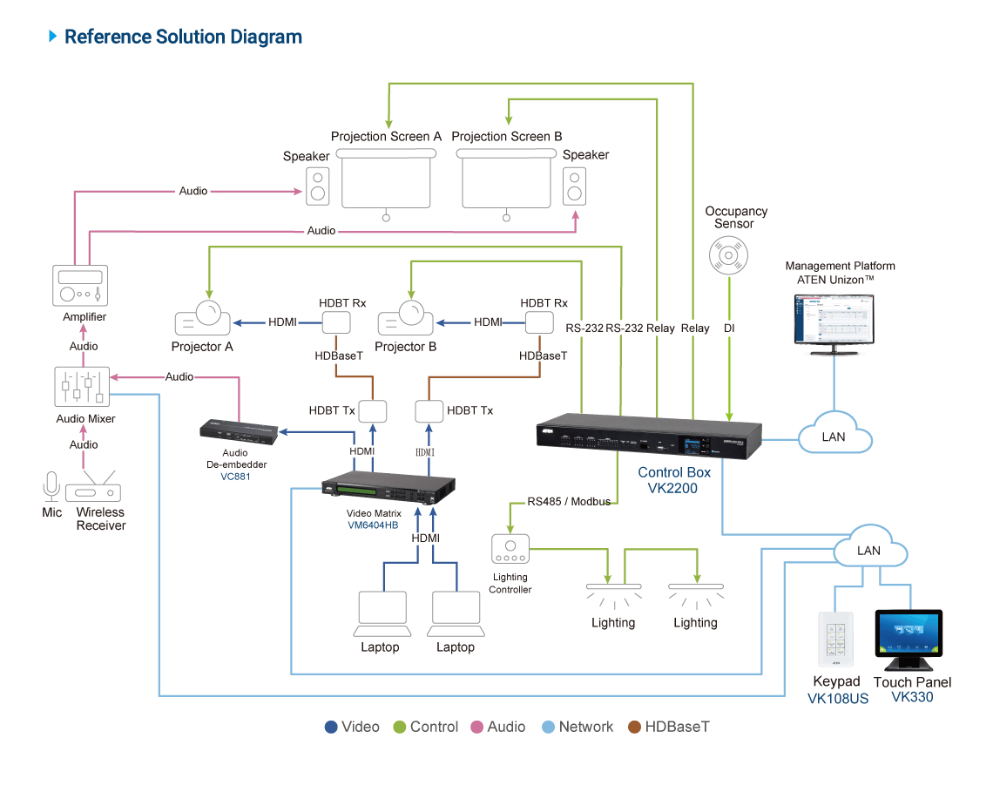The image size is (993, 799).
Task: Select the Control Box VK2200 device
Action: [x=649, y=437]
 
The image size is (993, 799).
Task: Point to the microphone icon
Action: [x=51, y=486]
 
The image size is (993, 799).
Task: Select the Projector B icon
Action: [x=404, y=319]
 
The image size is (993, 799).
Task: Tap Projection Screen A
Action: [x=386, y=179]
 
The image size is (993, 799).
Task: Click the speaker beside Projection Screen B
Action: [x=574, y=186]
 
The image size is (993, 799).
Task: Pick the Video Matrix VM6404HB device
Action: [x=389, y=492]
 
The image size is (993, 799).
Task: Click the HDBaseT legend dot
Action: [x=634, y=727]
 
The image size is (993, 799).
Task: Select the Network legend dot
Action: [x=548, y=727]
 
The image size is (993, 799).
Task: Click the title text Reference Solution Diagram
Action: [x=183, y=37]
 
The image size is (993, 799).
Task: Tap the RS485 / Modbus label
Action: [x=571, y=503]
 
